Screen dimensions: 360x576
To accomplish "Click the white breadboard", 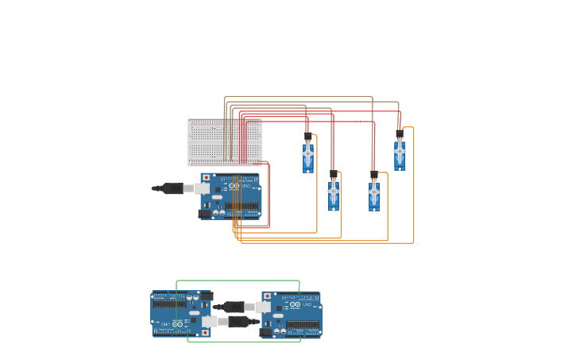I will click(x=224, y=141).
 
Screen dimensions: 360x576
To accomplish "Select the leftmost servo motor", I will click(x=307, y=155).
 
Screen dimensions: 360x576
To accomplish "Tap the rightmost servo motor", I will click(x=399, y=152).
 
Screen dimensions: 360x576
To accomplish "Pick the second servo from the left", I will click(x=334, y=193).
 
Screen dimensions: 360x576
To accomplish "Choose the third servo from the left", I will click(x=373, y=194).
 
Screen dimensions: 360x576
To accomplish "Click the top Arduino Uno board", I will click(x=234, y=197).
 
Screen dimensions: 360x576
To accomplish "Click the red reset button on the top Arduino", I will click(x=207, y=178).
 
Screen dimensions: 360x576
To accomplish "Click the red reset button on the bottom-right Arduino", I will click(x=268, y=296).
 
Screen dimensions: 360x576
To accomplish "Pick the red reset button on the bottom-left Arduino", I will click(x=205, y=332).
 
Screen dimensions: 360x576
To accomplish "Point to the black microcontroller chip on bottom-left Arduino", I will click(x=169, y=303).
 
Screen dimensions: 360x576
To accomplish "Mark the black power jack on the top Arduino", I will click(x=205, y=213).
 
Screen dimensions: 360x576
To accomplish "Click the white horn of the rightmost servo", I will click(x=399, y=150).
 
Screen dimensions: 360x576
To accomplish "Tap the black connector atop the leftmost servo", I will click(x=307, y=137).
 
